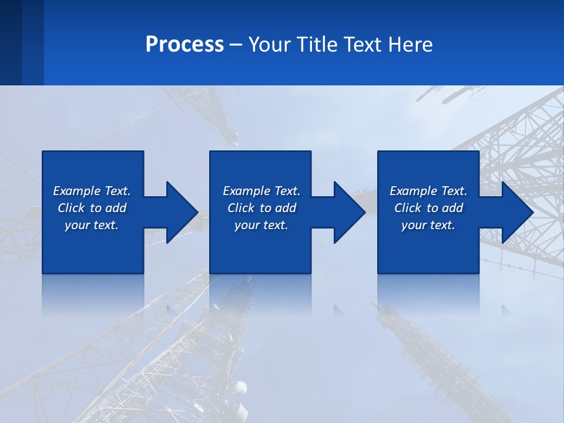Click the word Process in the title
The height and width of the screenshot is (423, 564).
coord(184,45)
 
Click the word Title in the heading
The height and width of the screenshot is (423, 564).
coord(317,45)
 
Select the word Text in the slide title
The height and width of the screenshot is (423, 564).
coord(364,45)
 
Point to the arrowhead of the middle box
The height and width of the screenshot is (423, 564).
coord(349,212)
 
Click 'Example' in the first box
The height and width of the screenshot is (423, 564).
coord(77,191)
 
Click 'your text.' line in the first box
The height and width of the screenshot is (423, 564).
coord(92,225)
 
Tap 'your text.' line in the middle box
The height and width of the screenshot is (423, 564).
coord(261,225)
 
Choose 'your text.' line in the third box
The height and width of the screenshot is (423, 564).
coord(428,225)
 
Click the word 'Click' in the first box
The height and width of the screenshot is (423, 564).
coord(71,208)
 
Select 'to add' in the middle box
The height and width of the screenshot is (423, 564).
coord(278,208)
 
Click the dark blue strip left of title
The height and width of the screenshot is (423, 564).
coord(21,42)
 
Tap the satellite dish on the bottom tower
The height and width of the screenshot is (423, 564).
coord(237,389)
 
